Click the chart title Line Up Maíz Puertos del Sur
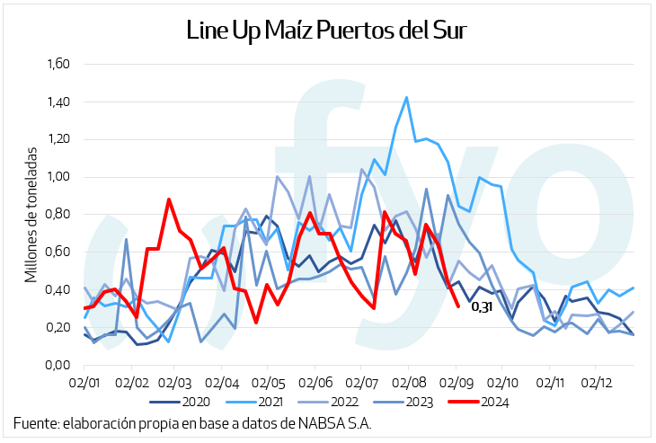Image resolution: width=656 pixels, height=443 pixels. point(327,31)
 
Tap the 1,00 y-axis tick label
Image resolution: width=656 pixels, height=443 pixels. point(58,177)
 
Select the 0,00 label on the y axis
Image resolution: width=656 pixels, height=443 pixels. point(58,365)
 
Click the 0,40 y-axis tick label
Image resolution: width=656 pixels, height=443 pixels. point(58,290)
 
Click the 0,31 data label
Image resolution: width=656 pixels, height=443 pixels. point(482,308)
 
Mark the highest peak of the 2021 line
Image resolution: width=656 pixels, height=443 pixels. point(407,98)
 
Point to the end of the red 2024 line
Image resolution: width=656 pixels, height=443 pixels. point(458,306)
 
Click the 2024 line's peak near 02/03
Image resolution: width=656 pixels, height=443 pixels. point(169,199)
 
